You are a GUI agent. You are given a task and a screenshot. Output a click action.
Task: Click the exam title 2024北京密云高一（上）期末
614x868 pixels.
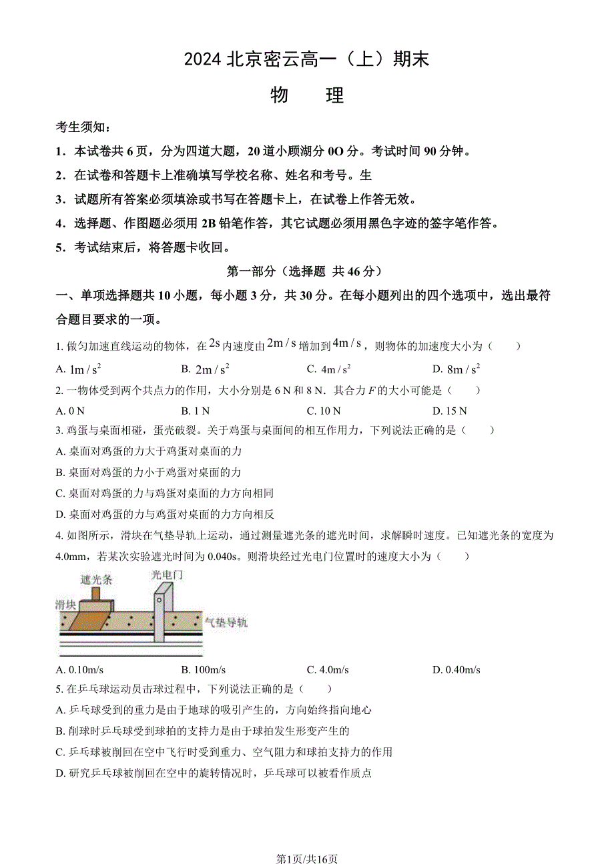tap(306, 59)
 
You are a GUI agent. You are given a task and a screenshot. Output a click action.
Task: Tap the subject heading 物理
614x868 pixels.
tap(307, 95)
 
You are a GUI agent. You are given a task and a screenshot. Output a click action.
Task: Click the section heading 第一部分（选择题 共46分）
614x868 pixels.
tap(306, 271)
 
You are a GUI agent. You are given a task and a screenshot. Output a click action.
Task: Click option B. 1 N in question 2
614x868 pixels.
tap(196, 411)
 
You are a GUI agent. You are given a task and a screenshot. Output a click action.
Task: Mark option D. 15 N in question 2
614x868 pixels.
tap(450, 411)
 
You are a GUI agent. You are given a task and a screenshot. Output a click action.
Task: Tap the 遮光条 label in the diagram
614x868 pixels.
tap(96, 579)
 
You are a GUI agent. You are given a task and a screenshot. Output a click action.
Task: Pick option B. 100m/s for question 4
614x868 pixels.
tap(203, 670)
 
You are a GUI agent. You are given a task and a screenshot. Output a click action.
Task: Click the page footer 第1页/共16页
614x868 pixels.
tap(307, 859)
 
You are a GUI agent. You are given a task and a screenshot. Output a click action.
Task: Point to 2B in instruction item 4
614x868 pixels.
tap(189, 223)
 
